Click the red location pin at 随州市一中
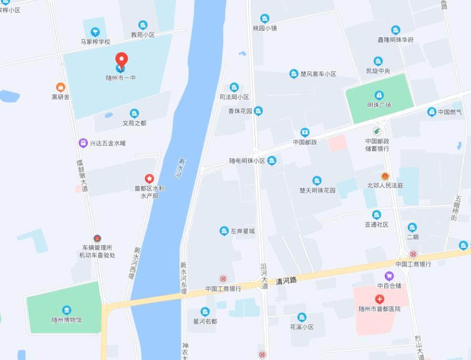point(121,61)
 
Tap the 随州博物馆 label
point(66,320)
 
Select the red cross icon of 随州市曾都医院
point(380,299)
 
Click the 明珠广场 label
point(379,105)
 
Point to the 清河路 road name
point(286,280)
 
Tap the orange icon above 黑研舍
point(61,87)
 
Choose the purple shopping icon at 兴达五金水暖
point(83,143)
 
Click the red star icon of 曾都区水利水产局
point(149,179)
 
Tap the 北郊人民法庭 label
point(385,185)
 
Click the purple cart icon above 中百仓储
point(389,276)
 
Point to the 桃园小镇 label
point(265,28)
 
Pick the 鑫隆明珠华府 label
point(396,40)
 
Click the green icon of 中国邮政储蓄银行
point(377,131)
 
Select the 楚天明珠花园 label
point(317,190)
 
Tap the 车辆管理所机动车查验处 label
point(97,251)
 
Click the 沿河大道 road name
point(264,276)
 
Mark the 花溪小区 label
point(302,327)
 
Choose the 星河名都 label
point(205,321)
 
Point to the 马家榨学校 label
point(95,41)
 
